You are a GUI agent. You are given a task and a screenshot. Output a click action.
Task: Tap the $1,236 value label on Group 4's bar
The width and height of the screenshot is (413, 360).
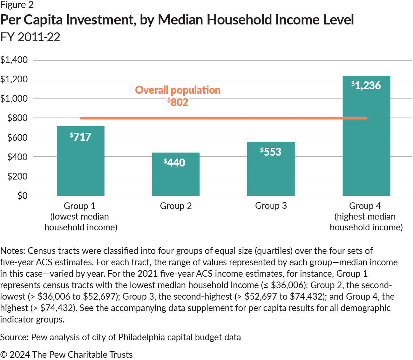[x=366, y=85]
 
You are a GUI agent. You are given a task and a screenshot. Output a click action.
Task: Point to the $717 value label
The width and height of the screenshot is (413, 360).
[x=81, y=137]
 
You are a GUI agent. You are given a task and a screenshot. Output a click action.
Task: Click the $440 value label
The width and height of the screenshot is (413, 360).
[x=174, y=162]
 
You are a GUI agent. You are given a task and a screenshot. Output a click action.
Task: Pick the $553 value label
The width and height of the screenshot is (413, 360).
[x=271, y=152]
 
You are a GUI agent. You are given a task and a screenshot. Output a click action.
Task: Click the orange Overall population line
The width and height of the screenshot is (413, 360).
[x=222, y=118]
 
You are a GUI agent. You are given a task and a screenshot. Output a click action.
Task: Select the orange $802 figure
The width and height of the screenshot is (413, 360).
[x=178, y=102]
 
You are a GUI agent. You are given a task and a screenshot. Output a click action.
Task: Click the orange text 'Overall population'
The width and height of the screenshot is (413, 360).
[x=178, y=90]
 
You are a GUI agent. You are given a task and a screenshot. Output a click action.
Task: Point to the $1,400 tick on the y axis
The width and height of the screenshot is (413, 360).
[x=14, y=60]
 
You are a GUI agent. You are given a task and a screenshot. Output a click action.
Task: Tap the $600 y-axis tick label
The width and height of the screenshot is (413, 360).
[x=17, y=137]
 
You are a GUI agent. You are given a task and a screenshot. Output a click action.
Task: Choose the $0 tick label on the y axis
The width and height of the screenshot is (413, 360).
[x=22, y=196]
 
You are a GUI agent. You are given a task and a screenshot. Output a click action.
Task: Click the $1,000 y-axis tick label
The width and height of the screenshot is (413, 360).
[x=14, y=98]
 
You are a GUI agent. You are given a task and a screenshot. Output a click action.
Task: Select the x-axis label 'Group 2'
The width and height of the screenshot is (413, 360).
[x=176, y=206]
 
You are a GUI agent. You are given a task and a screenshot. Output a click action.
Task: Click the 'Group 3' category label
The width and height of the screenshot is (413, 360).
[x=271, y=206]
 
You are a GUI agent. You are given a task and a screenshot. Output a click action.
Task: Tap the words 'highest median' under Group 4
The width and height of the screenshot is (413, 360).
[x=365, y=217]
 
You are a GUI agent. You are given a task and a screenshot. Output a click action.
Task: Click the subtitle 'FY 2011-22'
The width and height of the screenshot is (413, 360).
[x=30, y=37]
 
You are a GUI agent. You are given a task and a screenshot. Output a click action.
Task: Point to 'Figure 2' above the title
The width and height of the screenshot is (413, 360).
[x=17, y=5]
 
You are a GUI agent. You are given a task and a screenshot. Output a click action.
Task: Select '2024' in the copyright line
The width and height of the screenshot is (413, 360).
[x=20, y=355]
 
